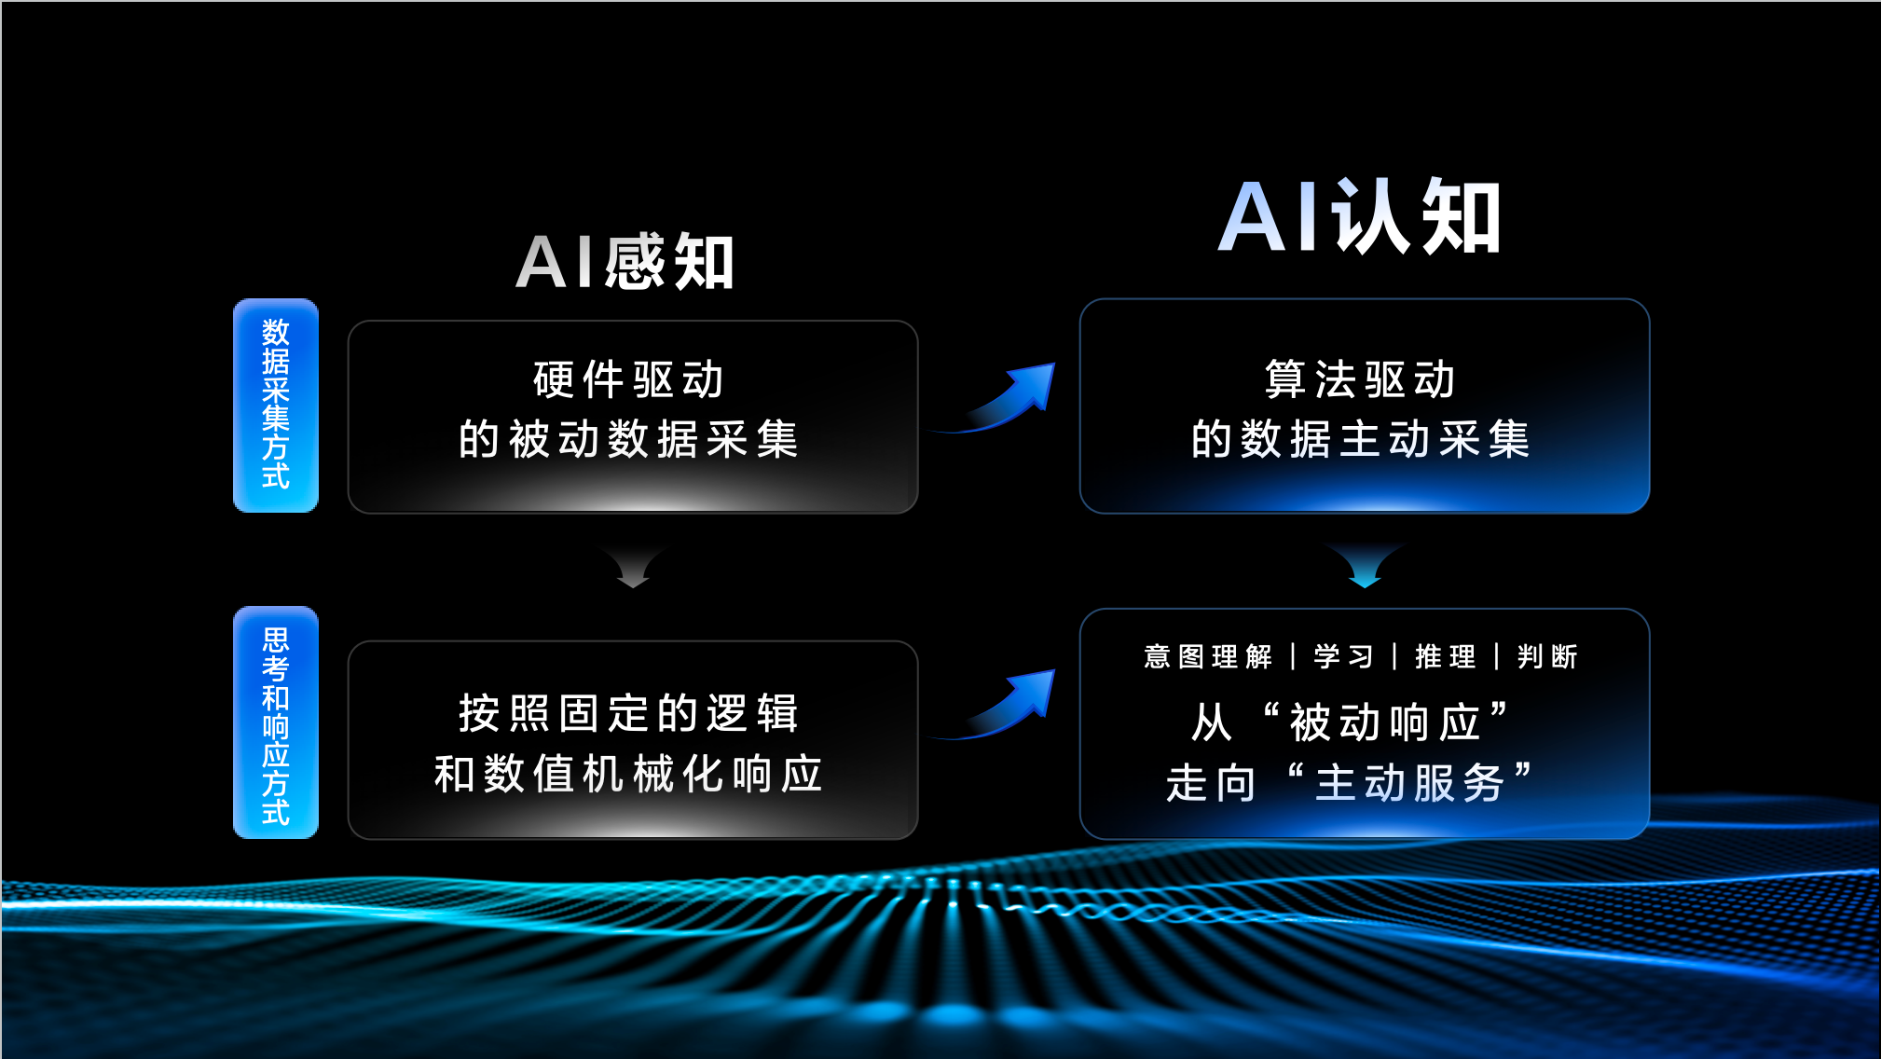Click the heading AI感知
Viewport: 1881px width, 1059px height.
(x=625, y=262)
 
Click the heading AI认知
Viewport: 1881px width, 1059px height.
(x=1360, y=216)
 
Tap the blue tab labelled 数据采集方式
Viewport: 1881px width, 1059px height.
(x=276, y=406)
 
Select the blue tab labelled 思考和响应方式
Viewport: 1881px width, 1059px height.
(x=276, y=723)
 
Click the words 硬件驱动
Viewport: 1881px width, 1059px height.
(x=629, y=379)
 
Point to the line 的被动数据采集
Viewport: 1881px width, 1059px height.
(x=629, y=439)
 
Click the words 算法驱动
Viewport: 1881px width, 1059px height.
(x=1361, y=379)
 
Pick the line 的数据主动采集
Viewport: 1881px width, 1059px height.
(x=1361, y=439)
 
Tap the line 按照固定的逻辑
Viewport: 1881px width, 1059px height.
(x=629, y=713)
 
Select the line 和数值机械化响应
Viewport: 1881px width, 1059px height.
(x=629, y=774)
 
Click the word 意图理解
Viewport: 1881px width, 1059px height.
(x=1208, y=656)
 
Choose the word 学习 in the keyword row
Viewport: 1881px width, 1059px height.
(x=1344, y=656)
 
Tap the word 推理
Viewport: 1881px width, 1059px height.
(x=1446, y=656)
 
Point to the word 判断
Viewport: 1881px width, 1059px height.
(x=1547, y=656)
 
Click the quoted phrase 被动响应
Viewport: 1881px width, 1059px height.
(x=1386, y=722)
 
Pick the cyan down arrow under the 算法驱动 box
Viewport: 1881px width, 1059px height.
(x=1366, y=566)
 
